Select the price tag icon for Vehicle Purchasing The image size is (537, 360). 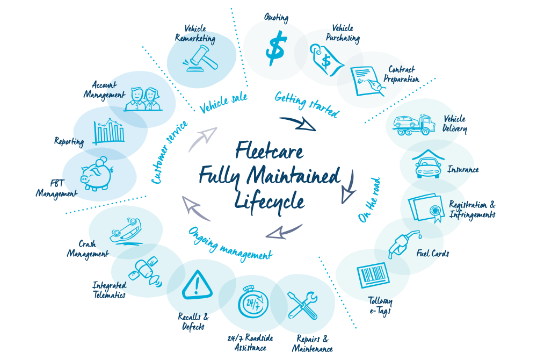point(326,60)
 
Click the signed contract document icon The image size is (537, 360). point(368,81)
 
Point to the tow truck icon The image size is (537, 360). point(413,125)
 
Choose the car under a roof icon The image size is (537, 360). point(428,163)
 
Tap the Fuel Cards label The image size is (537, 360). point(432,253)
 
